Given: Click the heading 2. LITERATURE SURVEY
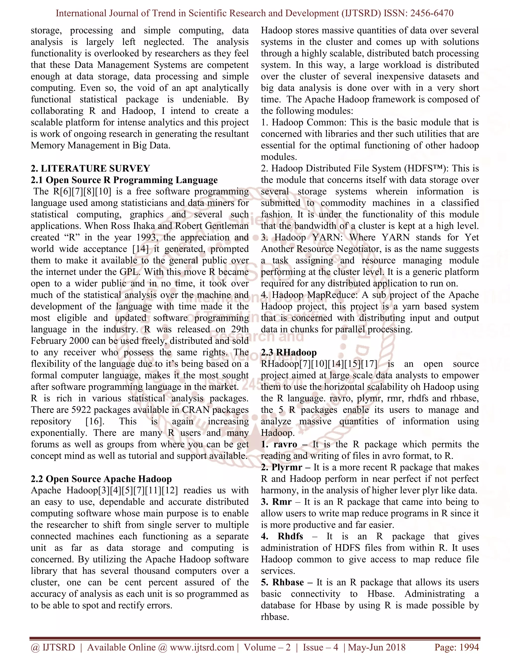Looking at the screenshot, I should pyautogui.click(x=90, y=168).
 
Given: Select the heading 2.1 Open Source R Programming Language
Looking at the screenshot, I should pyautogui.click(x=124, y=180).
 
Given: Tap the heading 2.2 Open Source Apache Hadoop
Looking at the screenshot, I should pyautogui.click(x=101, y=479).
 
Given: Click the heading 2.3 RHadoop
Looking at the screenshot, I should pyautogui.click(x=289, y=352).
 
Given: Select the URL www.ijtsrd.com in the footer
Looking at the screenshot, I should pyautogui.click(x=202, y=647).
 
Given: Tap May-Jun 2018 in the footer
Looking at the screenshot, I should pyautogui.click(x=377, y=647).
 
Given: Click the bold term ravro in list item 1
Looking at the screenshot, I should pyautogui.click(x=285, y=445).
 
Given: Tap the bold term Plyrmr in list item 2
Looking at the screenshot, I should pyautogui.click(x=287, y=467).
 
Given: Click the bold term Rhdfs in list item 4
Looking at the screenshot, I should pyautogui.click(x=290, y=536).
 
